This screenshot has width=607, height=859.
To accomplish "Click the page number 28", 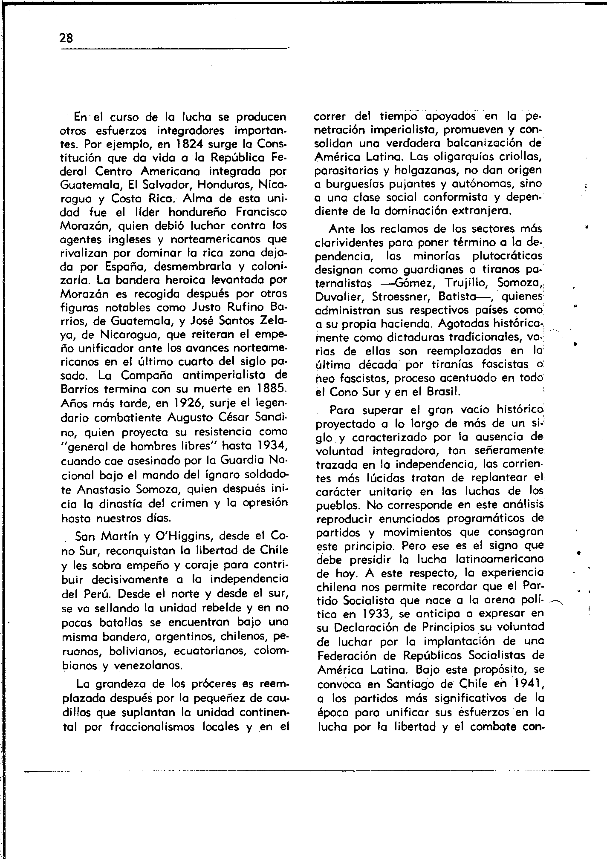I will (x=66, y=38).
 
